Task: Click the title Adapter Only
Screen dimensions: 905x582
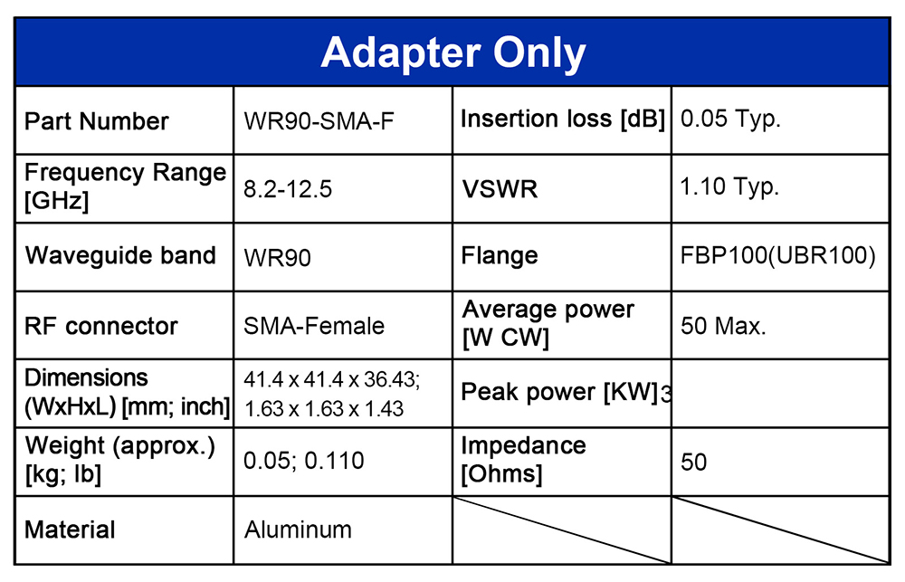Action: [453, 53]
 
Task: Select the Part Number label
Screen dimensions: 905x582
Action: [97, 121]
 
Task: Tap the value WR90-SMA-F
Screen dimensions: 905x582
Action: [319, 121]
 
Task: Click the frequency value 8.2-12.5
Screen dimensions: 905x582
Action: [288, 189]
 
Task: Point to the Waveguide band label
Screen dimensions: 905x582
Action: [120, 255]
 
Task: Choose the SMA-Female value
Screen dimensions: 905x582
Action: [314, 326]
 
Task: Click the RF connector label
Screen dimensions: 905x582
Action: [101, 326]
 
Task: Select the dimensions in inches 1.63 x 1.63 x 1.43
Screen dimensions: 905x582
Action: [324, 409]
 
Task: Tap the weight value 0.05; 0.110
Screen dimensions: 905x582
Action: [303, 461]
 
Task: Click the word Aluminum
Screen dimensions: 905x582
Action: [298, 530]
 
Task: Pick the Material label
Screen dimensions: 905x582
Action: [70, 530]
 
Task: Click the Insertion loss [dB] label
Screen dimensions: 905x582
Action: [563, 119]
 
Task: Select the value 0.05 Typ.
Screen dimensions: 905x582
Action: [730, 119]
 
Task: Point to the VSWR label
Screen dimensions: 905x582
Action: [500, 189]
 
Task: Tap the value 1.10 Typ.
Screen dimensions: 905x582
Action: [729, 187]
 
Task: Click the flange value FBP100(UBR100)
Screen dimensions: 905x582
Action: [778, 255]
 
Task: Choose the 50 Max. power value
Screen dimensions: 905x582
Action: [723, 326]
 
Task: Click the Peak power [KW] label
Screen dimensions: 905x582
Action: [559, 392]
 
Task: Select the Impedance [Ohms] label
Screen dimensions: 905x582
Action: [523, 460]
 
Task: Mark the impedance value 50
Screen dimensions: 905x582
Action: [693, 462]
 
